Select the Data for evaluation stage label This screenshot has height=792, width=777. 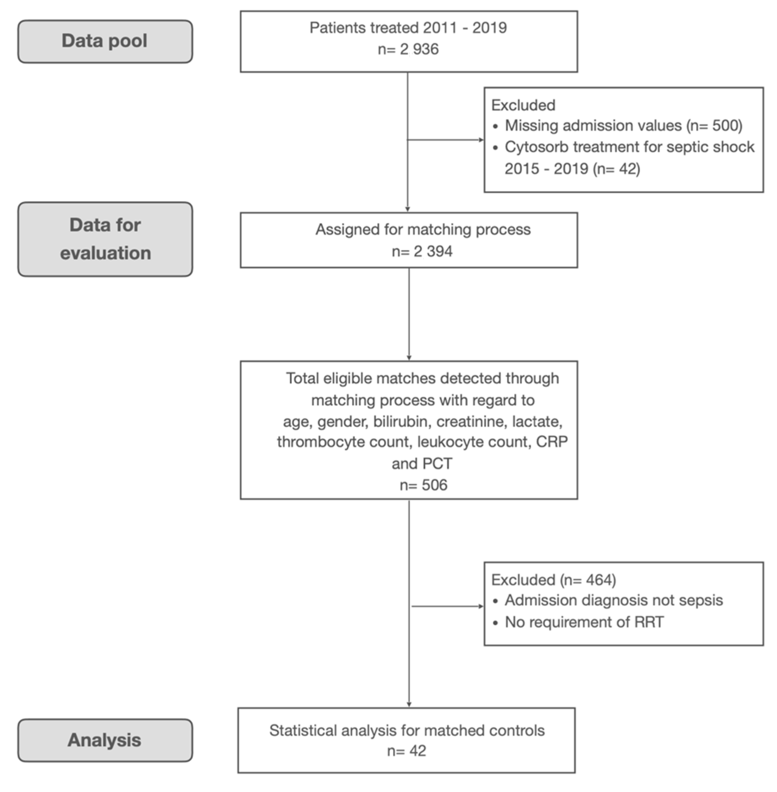(105, 239)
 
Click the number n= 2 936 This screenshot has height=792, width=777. (408, 49)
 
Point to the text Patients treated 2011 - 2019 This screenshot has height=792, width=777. (408, 28)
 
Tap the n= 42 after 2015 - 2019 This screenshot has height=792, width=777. (617, 169)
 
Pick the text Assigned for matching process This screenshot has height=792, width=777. (423, 229)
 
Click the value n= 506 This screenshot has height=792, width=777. (423, 485)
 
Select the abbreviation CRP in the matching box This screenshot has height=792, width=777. (552, 442)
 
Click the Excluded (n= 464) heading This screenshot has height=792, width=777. (553, 580)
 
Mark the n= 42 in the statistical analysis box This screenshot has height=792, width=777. (406, 751)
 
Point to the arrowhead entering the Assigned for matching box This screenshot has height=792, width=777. (407, 209)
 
